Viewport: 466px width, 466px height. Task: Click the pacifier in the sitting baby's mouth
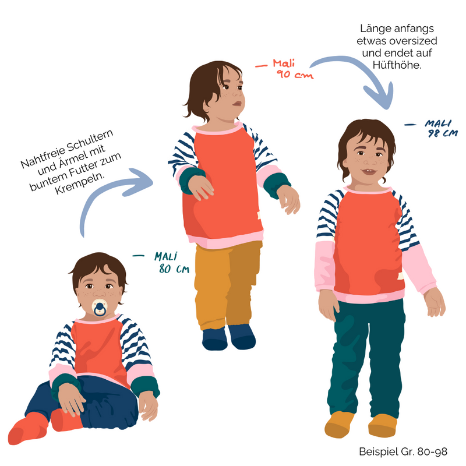click(x=100, y=308)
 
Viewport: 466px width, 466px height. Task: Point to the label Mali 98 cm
click(x=440, y=128)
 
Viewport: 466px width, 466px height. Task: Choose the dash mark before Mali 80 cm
click(x=138, y=255)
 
